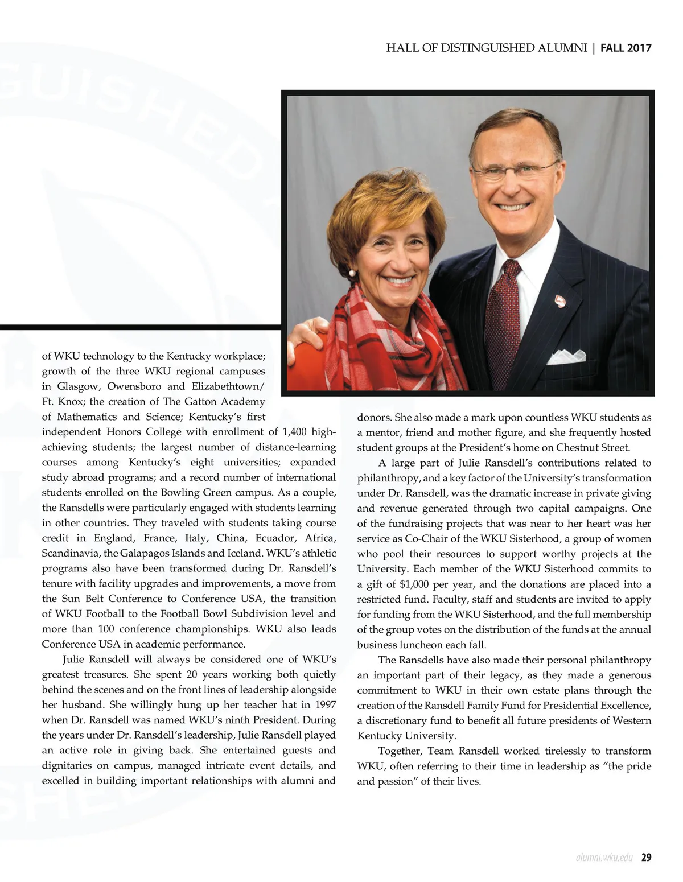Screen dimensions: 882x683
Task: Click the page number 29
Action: tap(646, 858)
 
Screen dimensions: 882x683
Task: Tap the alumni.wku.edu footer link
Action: tap(604, 858)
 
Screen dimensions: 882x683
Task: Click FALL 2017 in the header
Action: tap(626, 48)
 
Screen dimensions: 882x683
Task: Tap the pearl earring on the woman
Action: tap(352, 273)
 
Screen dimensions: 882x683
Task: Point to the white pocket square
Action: tap(566, 356)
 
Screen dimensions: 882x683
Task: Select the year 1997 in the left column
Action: tap(325, 705)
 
